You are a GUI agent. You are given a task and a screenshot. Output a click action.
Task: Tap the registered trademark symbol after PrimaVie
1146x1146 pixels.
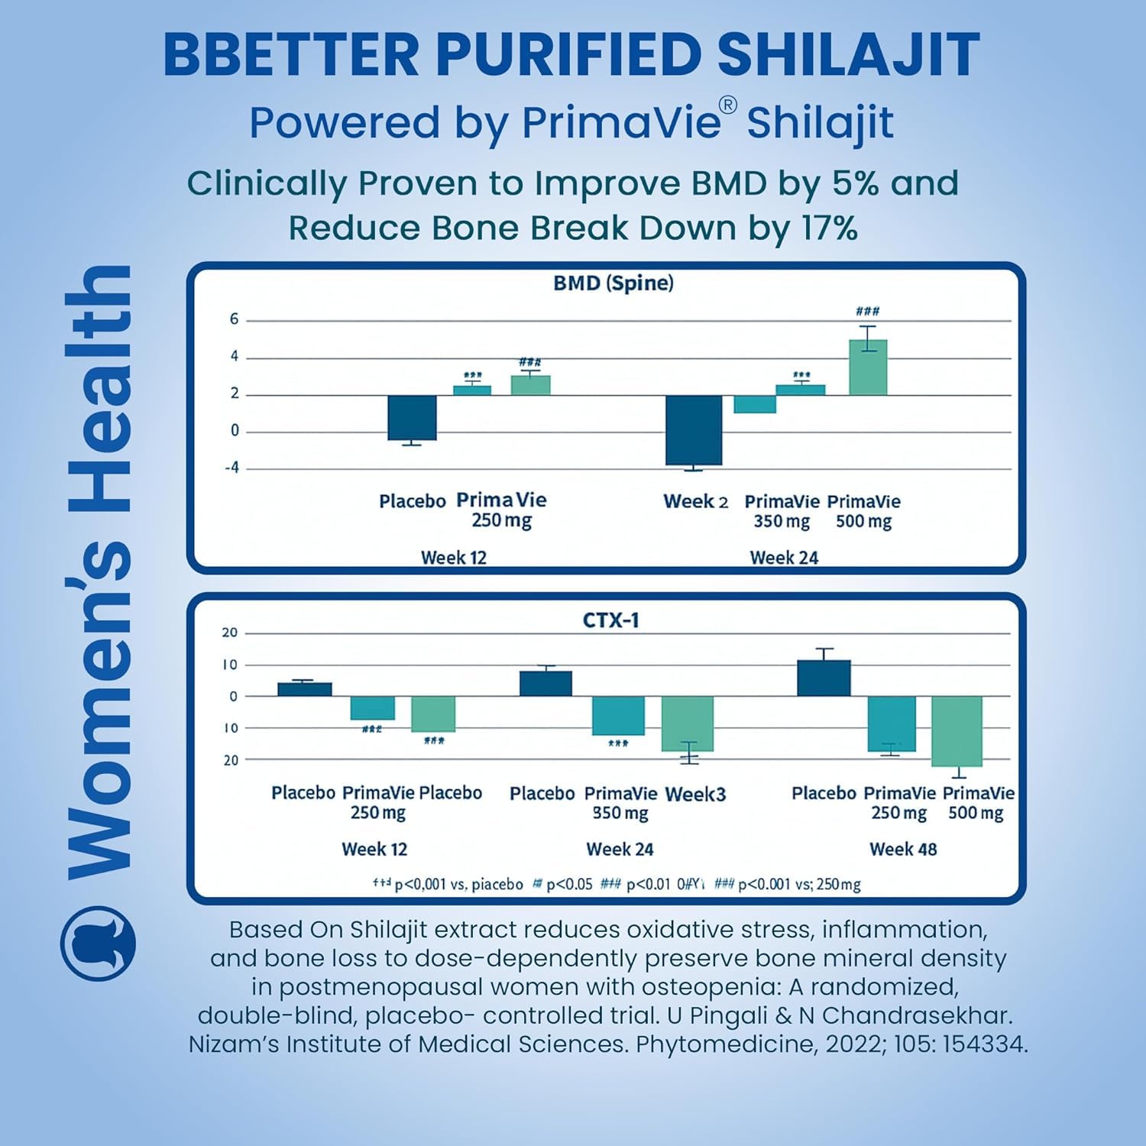[728, 106]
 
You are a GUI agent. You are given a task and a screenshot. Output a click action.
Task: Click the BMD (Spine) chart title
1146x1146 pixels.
[613, 283]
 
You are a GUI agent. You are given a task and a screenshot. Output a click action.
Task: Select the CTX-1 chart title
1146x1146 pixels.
[610, 620]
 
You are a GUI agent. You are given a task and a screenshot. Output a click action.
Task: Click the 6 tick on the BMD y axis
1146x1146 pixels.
[234, 319]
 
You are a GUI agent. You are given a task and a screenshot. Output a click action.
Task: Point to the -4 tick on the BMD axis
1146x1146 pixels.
[231, 468]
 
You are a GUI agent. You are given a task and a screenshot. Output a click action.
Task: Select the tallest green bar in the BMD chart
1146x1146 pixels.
[868, 367]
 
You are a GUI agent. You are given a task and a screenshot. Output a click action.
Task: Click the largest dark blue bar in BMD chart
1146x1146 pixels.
[694, 430]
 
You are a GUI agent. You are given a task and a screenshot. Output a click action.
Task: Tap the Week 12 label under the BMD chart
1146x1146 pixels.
[453, 558]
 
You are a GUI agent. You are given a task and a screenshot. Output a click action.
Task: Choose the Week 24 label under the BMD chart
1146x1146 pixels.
[784, 558]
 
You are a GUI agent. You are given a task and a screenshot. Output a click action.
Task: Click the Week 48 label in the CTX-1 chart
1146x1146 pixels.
[903, 849]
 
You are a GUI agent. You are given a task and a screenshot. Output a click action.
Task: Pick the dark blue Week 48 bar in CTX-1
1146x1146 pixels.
[824, 678]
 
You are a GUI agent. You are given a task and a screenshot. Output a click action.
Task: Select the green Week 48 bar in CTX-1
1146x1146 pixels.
[957, 731]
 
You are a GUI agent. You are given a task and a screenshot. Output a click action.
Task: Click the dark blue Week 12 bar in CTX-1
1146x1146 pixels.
[304, 689]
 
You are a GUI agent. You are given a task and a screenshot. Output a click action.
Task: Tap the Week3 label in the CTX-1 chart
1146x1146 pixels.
[695, 794]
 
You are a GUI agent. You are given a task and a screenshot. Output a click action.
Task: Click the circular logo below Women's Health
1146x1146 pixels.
[98, 943]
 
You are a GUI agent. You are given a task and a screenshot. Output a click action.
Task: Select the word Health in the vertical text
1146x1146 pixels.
[99, 390]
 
